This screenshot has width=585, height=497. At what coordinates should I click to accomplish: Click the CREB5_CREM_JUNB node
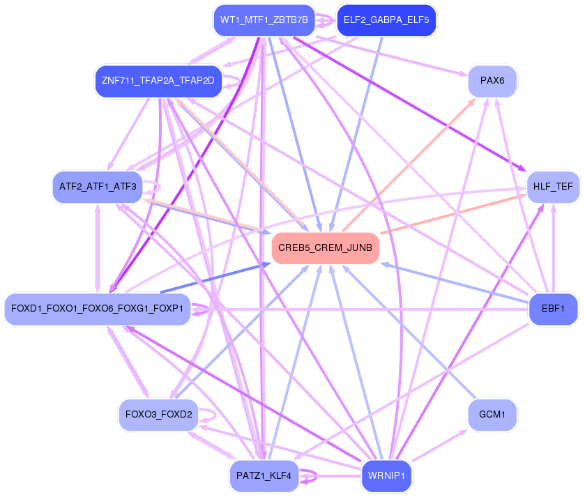click(x=325, y=247)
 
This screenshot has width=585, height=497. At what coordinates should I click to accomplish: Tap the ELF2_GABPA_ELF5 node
click(x=386, y=20)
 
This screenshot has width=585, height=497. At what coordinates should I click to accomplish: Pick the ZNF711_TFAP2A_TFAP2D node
click(x=158, y=81)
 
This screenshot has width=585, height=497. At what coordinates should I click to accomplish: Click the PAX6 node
click(x=492, y=81)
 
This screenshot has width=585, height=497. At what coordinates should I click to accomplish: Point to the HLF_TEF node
click(x=553, y=187)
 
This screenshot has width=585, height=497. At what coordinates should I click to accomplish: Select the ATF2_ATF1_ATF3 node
click(x=97, y=187)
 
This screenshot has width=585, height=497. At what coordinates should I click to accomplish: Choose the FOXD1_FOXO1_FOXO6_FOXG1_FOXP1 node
click(x=97, y=308)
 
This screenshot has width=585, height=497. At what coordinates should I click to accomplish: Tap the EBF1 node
click(x=553, y=308)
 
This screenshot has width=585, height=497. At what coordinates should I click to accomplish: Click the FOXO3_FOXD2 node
click(x=158, y=415)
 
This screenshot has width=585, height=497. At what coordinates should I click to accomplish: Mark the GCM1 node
click(x=492, y=415)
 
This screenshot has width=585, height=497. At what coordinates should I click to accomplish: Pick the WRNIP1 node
click(x=386, y=476)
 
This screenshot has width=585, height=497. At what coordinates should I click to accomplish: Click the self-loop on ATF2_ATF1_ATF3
click(x=158, y=187)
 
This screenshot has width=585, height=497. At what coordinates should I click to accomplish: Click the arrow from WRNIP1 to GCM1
click(x=439, y=445)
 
